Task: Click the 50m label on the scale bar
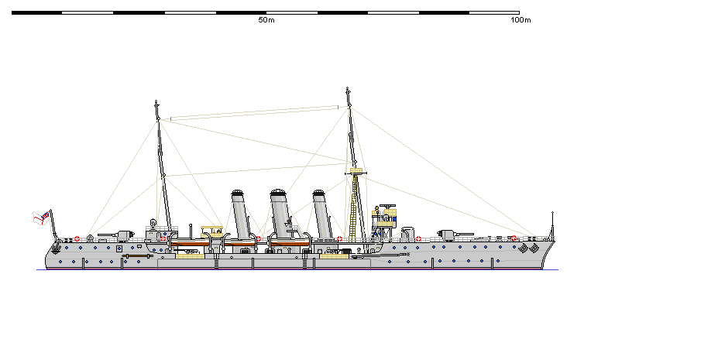266,20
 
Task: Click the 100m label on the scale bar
520,20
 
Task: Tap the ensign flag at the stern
44,217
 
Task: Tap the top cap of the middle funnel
280,192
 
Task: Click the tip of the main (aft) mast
157,103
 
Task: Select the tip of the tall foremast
348,90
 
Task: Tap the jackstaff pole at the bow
552,223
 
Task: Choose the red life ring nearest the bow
514,238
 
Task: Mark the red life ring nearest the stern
77,238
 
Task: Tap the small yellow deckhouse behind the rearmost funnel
212,230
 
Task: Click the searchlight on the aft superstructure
153,225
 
